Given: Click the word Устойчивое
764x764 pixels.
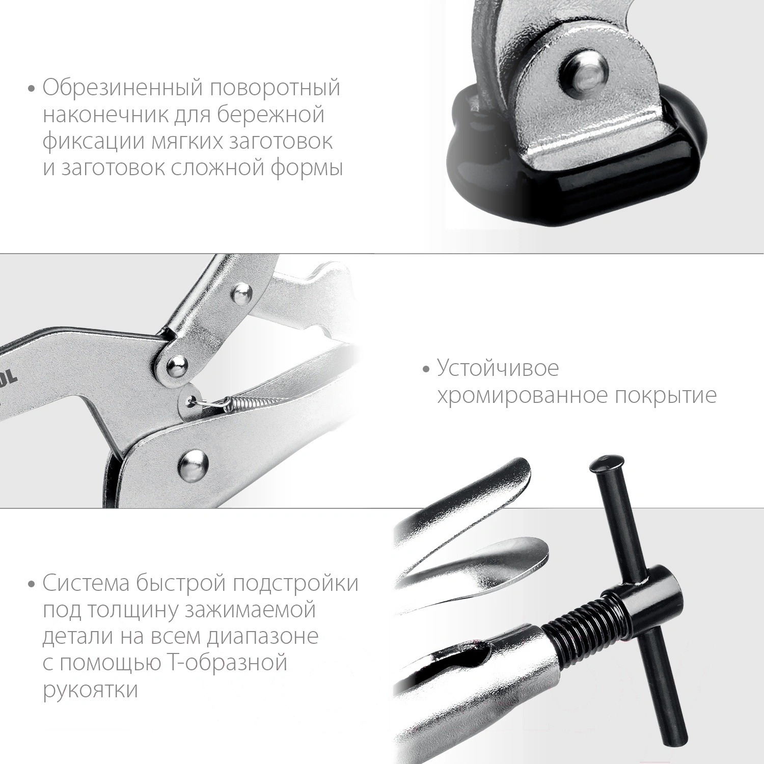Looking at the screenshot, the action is pyautogui.click(x=498, y=368).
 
